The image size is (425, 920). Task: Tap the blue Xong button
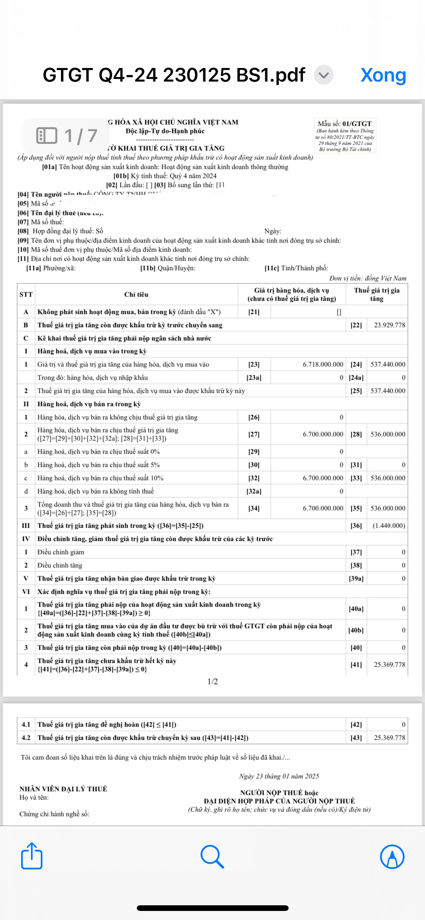pyautogui.click(x=383, y=75)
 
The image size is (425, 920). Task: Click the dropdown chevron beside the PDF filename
pyautogui.click(x=324, y=75)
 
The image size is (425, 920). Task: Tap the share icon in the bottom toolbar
pyautogui.click(x=32, y=856)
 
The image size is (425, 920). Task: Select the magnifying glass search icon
pyautogui.click(x=212, y=856)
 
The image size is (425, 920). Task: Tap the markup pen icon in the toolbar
pyautogui.click(x=392, y=856)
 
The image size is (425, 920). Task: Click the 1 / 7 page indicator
pyautogui.click(x=67, y=136)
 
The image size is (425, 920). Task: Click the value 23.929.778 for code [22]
pyautogui.click(x=389, y=325)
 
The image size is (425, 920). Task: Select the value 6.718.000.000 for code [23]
pyautogui.click(x=323, y=364)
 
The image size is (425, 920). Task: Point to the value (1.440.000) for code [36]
pyautogui.click(x=389, y=526)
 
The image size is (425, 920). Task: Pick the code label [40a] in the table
pyautogui.click(x=356, y=609)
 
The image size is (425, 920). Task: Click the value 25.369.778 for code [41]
pyautogui.click(x=389, y=665)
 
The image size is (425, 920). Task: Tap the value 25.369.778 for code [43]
pyautogui.click(x=389, y=738)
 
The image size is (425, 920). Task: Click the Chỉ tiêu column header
pyautogui.click(x=136, y=295)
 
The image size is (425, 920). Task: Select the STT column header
pyautogui.click(x=26, y=295)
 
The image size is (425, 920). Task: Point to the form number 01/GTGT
pyautogui.click(x=357, y=123)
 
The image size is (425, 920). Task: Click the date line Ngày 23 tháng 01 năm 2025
pyautogui.click(x=279, y=776)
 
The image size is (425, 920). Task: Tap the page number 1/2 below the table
pyautogui.click(x=213, y=682)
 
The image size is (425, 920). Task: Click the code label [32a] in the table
pyautogui.click(x=254, y=491)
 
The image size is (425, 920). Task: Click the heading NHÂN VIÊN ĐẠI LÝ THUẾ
pyautogui.click(x=63, y=789)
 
